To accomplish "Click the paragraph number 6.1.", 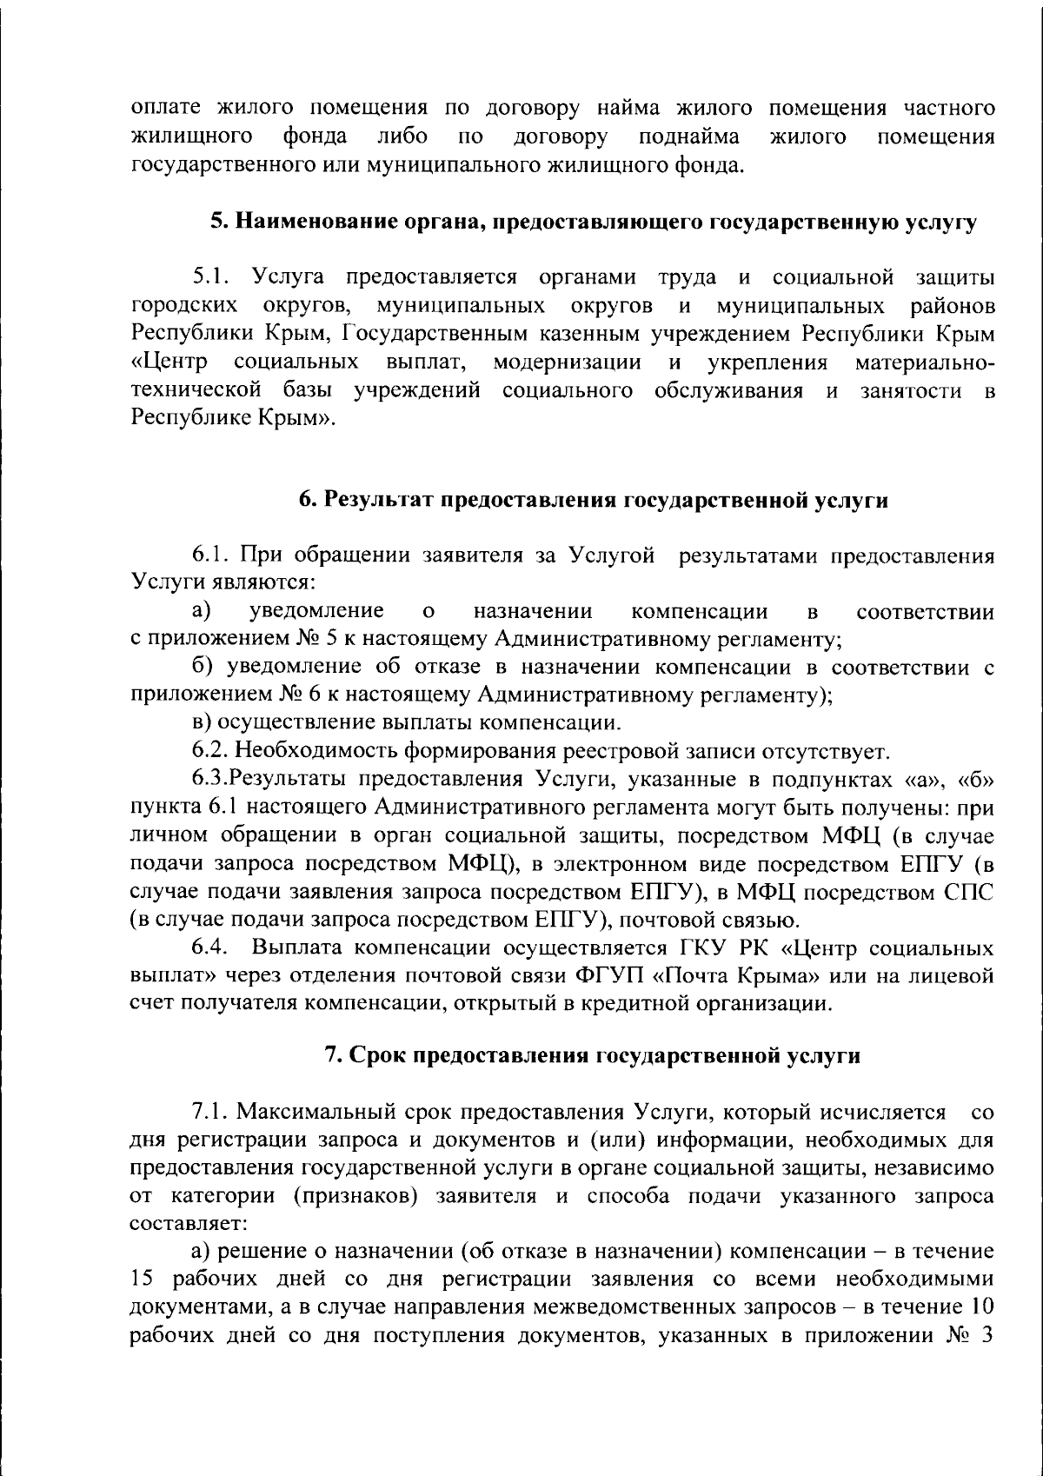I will (x=210, y=556).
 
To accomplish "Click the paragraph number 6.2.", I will (x=210, y=751).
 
